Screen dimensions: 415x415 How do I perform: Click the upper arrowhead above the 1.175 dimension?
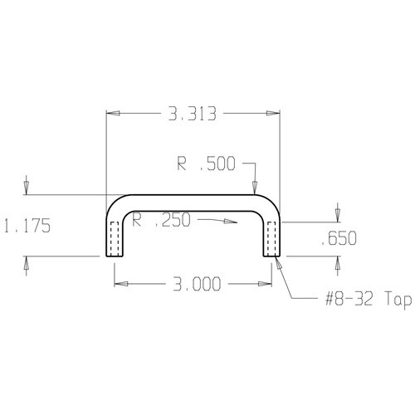point(27,190)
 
